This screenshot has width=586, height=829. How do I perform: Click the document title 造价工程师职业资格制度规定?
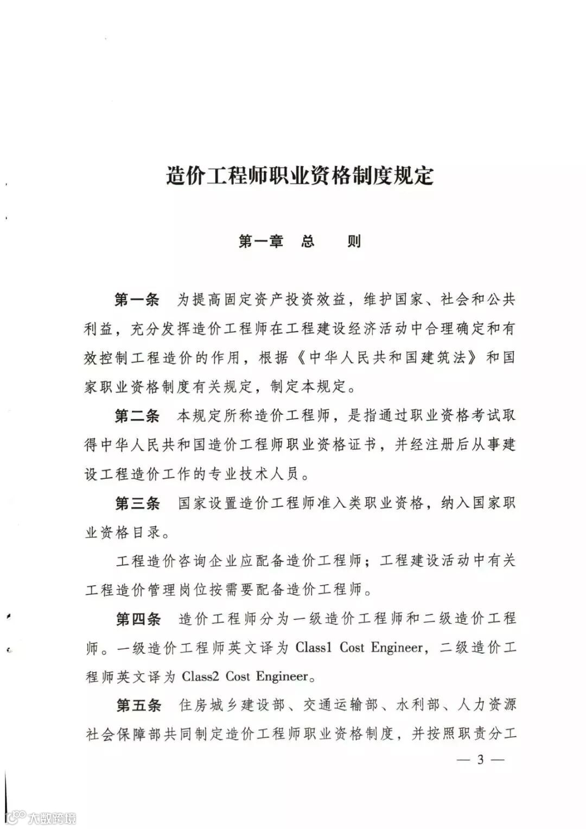click(x=300, y=177)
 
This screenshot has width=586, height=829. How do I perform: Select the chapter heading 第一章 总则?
click(x=300, y=242)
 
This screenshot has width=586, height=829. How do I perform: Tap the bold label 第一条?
click(x=137, y=299)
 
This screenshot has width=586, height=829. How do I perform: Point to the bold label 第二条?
click(x=137, y=416)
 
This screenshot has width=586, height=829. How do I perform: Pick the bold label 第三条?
click(x=137, y=503)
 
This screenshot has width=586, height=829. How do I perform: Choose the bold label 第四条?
click(x=138, y=619)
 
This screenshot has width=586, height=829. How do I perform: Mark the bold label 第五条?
click(x=138, y=706)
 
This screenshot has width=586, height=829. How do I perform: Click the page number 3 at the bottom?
click(x=480, y=760)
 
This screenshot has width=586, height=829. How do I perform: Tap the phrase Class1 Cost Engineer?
click(x=359, y=648)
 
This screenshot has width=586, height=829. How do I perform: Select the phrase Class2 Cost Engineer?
click(x=245, y=677)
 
